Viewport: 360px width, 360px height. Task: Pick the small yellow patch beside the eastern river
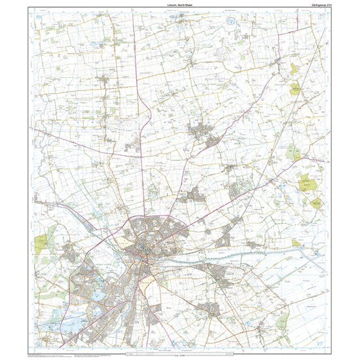[296, 243]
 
